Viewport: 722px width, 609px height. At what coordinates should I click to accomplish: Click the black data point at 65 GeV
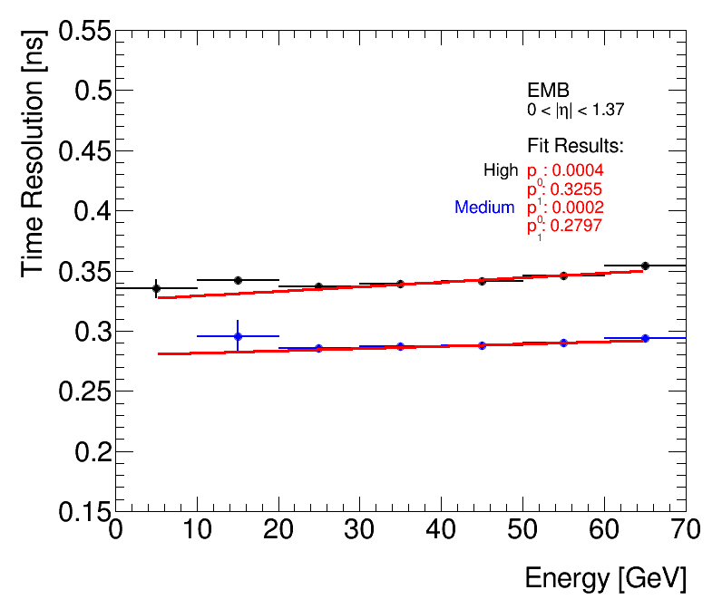click(645, 266)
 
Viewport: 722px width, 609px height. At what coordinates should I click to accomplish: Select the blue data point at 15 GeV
click(238, 336)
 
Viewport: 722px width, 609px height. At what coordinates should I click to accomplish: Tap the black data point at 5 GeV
click(156, 288)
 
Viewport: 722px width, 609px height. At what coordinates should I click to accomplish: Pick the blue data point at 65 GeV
click(645, 338)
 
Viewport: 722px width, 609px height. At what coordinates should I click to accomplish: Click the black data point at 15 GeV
click(238, 280)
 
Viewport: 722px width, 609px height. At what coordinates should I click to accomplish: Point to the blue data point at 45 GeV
click(482, 345)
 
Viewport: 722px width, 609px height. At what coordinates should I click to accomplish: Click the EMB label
click(548, 91)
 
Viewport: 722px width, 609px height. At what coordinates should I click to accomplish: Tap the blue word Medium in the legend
click(484, 208)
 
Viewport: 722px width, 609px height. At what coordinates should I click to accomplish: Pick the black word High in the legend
click(501, 169)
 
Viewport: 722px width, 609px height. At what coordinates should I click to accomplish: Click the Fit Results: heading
click(576, 146)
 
